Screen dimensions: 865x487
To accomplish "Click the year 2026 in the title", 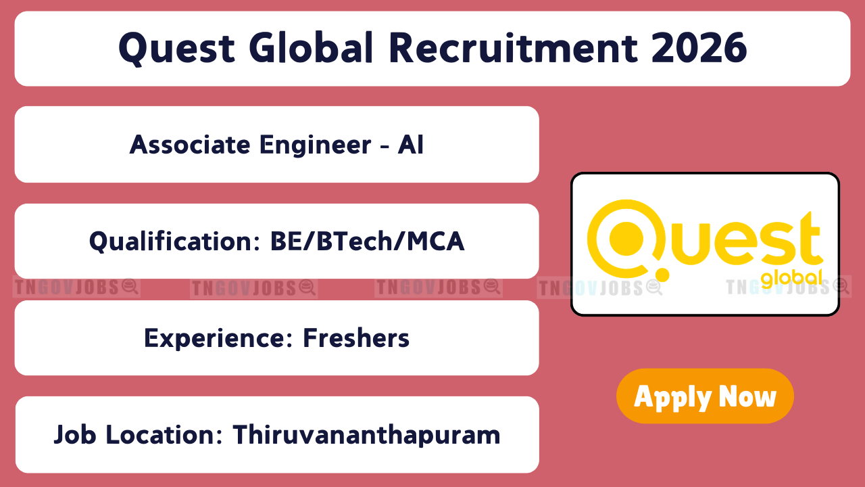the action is (699, 47).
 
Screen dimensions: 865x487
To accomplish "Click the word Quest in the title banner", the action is (176, 49).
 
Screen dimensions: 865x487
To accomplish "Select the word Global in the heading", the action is (312, 47).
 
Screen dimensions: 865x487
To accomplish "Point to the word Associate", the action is (190, 145).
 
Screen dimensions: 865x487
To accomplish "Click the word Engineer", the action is (316, 145).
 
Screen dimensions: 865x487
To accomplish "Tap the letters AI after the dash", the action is (411, 145).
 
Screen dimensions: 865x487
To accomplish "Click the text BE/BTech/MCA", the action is (367, 241).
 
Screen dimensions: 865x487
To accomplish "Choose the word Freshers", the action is (356, 338).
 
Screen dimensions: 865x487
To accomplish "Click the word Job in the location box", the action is (75, 435).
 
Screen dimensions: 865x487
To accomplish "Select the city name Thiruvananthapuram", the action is (366, 435).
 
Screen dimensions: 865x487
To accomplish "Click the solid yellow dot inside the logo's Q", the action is (626, 239).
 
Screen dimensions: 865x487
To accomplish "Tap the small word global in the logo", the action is (791, 279).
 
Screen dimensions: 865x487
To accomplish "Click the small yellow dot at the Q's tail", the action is (662, 275).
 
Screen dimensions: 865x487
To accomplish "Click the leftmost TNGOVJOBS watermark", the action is (76, 287).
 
